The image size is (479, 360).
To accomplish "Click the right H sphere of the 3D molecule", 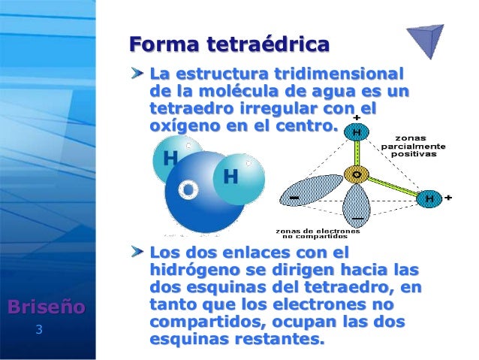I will point(230,177).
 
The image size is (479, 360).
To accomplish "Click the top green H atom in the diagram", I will point(355,133).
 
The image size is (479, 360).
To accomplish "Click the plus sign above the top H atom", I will point(356,117).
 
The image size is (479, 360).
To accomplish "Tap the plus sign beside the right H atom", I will point(448,198).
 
